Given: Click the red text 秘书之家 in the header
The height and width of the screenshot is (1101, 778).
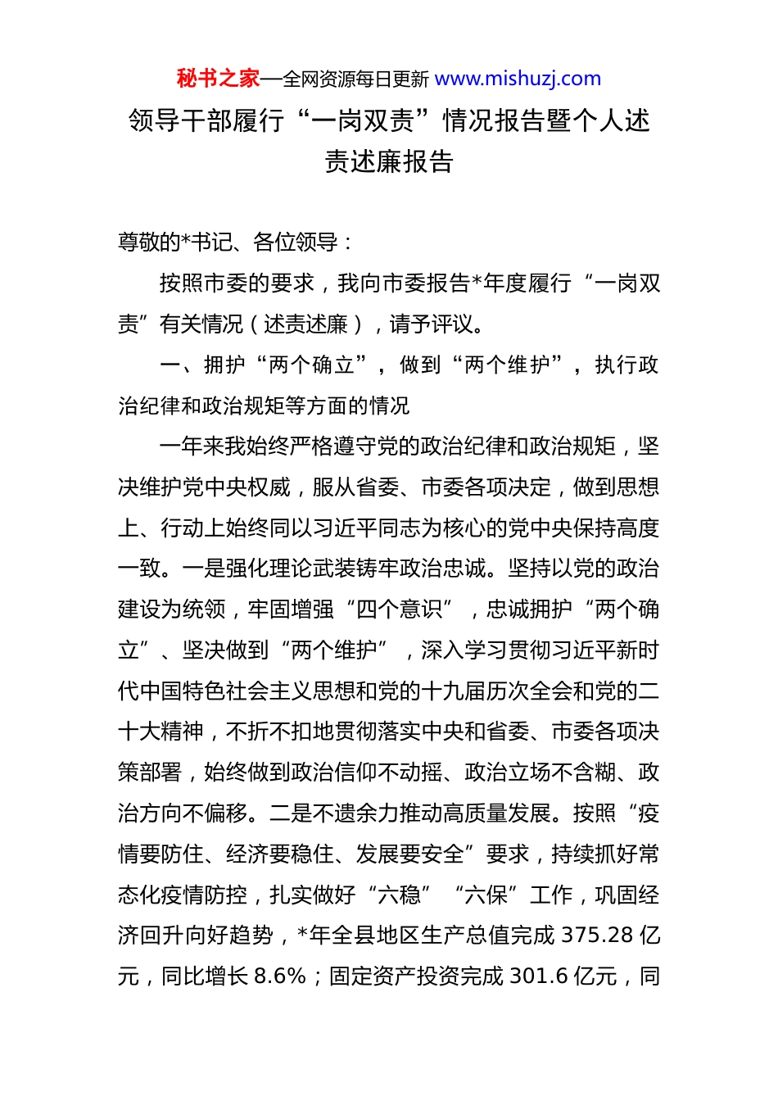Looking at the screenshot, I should (218, 79).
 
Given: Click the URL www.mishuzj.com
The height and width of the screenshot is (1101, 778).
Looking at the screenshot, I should (518, 79).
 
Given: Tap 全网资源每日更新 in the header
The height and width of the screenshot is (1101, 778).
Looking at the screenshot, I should (355, 79).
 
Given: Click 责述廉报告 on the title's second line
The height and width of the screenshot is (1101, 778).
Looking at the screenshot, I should (389, 161).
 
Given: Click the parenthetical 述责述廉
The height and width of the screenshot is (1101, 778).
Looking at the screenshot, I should (306, 324).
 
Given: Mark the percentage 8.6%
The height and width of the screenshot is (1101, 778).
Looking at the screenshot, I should (280, 976).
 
